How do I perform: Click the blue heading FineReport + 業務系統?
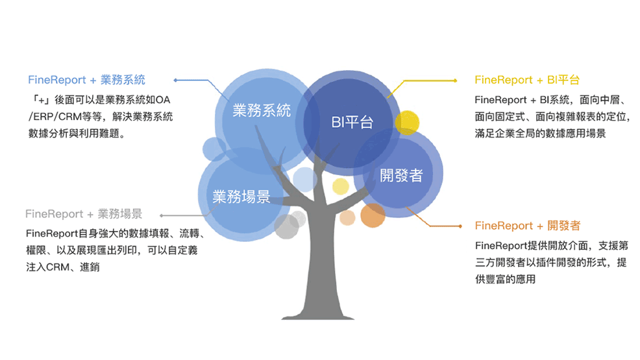tap(86, 80)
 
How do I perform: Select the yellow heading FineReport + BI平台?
tap(527, 80)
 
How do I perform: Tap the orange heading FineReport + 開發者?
tap(527, 226)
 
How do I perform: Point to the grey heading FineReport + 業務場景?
tap(84, 213)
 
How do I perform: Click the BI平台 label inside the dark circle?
tap(352, 123)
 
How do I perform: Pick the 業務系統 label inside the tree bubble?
tap(262, 110)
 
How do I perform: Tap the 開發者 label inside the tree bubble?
tap(401, 175)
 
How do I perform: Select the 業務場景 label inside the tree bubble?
tap(241, 197)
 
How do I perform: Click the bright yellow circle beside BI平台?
tap(407, 123)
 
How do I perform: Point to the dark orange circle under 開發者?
tap(373, 215)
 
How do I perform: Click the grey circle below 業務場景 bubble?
tap(286, 226)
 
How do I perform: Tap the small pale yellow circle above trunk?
tap(340, 186)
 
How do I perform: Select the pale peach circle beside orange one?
tap(347, 217)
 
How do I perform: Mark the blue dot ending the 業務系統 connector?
tap(175, 80)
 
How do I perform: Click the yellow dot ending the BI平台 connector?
tap(456, 80)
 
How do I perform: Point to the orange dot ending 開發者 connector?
tap(460, 226)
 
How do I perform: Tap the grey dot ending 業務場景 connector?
tap(162, 215)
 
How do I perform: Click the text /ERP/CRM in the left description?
tap(55, 117)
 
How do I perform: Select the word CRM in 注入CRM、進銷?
tap(58, 267)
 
